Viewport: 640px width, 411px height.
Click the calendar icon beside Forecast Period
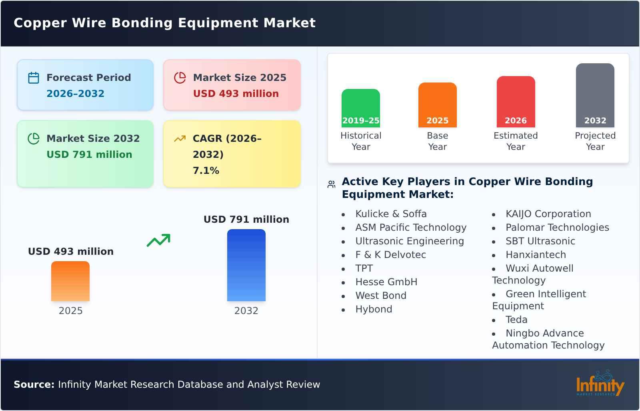pos(34,78)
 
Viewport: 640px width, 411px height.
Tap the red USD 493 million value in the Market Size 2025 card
pos(236,94)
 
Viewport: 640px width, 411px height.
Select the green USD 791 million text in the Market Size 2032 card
pos(89,155)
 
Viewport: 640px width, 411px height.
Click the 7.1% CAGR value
pos(206,171)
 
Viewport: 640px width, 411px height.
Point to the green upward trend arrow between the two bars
pos(158,240)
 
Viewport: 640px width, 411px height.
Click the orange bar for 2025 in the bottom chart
pos(70,281)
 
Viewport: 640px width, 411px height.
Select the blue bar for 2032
pos(246,265)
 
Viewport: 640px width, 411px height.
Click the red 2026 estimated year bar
pos(516,102)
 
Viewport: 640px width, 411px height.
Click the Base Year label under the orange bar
pos(437,141)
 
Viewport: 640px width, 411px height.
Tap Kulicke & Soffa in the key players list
pos(391,214)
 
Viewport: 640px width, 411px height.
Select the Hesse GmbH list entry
pos(386,282)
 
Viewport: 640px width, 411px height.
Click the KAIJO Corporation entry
pos(548,214)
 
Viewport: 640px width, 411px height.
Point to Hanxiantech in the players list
pos(536,255)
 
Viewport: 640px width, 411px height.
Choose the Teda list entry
pos(516,320)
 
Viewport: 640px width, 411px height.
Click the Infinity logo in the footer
pos(600,384)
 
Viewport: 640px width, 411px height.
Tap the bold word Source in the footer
pos(34,385)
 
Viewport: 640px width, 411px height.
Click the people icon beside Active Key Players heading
pos(331,184)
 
